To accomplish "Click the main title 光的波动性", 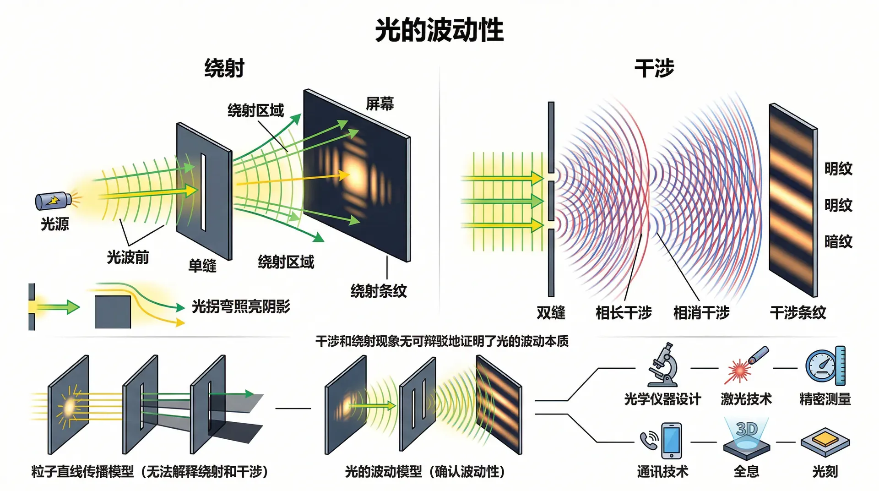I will [439, 30].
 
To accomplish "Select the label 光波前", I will [128, 257].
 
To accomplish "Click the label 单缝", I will [202, 266].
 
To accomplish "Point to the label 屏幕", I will [380, 104].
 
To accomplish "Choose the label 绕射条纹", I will [379, 291].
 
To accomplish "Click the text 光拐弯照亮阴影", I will [241, 306].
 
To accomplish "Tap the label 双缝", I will [551, 313].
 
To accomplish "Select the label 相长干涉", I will [624, 313].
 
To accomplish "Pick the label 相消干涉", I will [701, 313].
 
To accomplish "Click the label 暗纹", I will [838, 241].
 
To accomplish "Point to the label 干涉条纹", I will [798, 313].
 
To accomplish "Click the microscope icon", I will [662, 365].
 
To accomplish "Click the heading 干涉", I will [654, 68].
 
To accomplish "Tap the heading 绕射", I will [224, 68].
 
